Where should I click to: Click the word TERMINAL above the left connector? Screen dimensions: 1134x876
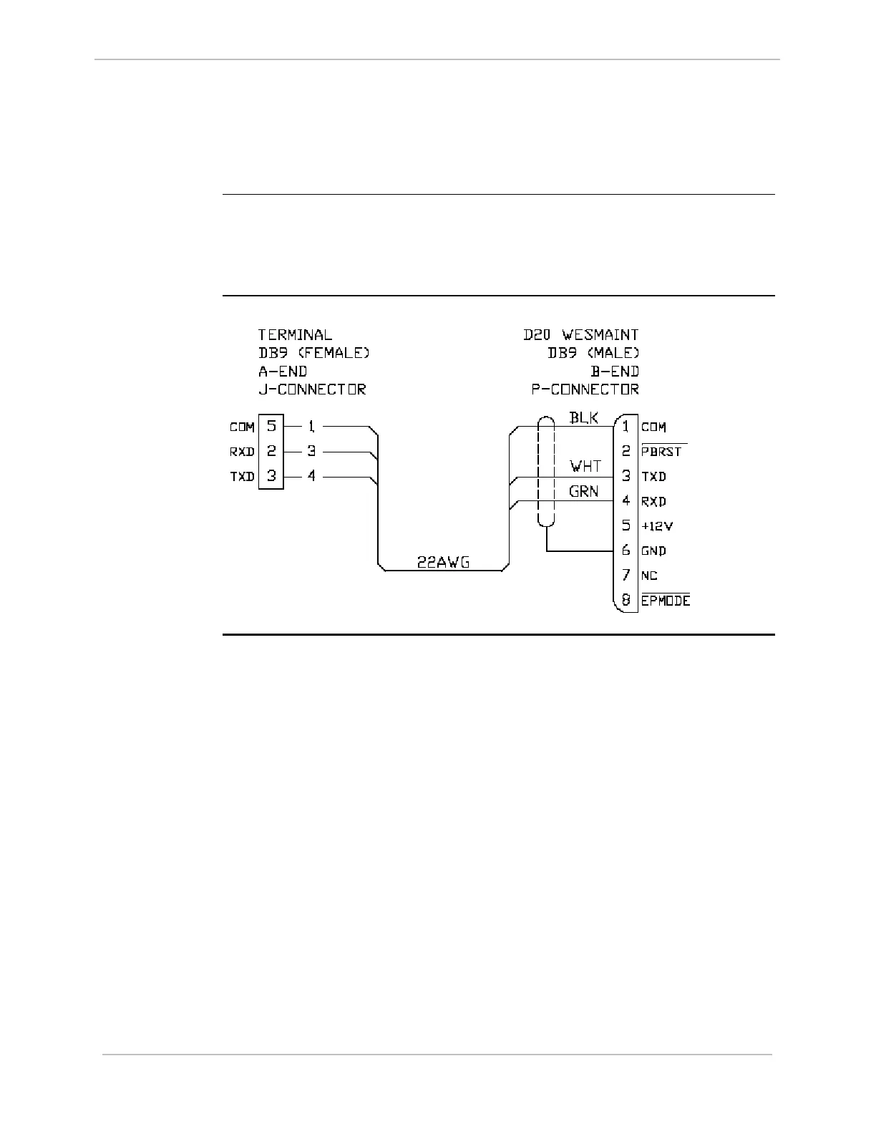[x=295, y=334]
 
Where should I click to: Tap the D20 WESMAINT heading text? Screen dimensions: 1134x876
[x=580, y=334]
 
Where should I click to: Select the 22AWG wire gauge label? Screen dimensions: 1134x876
[x=443, y=562]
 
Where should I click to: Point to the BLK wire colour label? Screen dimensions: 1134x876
[x=583, y=417]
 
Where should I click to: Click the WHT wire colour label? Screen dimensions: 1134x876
[x=585, y=467]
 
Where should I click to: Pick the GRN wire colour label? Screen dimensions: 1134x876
[x=583, y=492]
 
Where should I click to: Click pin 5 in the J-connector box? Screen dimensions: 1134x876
[x=271, y=426]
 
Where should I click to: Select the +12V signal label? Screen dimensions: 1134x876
[x=657, y=526]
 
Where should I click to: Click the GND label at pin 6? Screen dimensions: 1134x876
[x=653, y=551]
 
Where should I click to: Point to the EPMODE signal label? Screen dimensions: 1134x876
[x=666, y=600]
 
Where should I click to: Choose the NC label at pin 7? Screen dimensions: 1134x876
[x=649, y=576]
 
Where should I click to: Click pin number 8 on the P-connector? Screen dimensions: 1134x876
[x=626, y=600]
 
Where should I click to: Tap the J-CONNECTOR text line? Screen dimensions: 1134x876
[x=312, y=389]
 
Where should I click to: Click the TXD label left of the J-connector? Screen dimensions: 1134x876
[x=242, y=476]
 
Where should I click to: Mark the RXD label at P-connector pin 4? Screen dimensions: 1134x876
[x=653, y=501]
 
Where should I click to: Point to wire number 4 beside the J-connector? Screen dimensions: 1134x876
[x=311, y=475]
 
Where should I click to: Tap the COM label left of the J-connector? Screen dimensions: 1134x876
[x=242, y=427]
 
